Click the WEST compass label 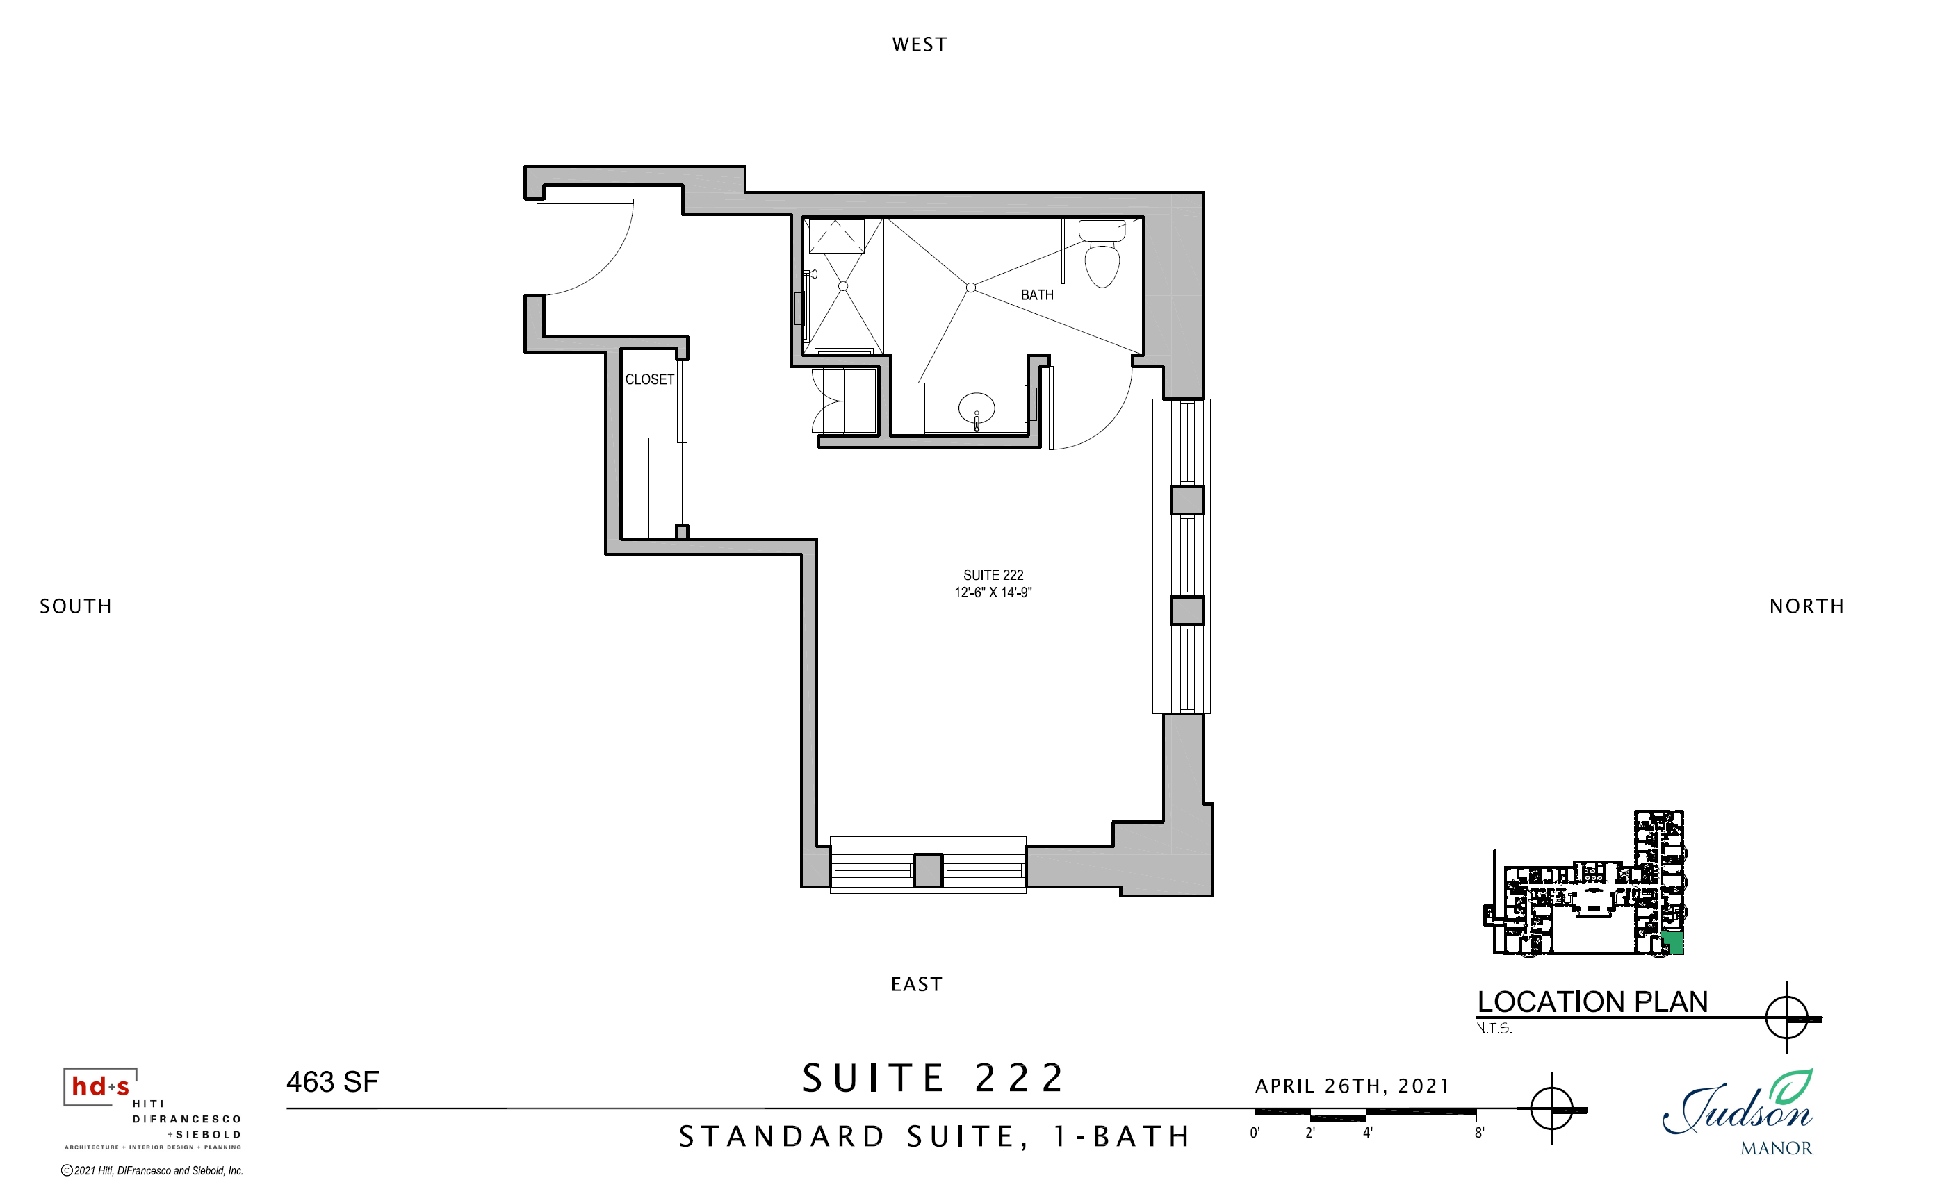point(919,44)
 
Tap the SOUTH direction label point(76,606)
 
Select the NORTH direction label point(1806,606)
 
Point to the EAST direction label point(916,984)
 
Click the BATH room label point(1036,295)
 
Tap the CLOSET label point(650,380)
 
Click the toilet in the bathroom point(1102,253)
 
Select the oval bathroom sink point(977,409)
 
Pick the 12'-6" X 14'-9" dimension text point(993,592)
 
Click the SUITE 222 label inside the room point(993,575)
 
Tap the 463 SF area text point(332,1081)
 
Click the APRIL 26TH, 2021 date point(1353,1086)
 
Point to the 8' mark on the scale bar point(1479,1133)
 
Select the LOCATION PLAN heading point(1592,1002)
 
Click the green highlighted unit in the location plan point(1672,943)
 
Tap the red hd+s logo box point(99,1086)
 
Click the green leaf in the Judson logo point(1792,1088)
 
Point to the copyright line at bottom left point(152,1171)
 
